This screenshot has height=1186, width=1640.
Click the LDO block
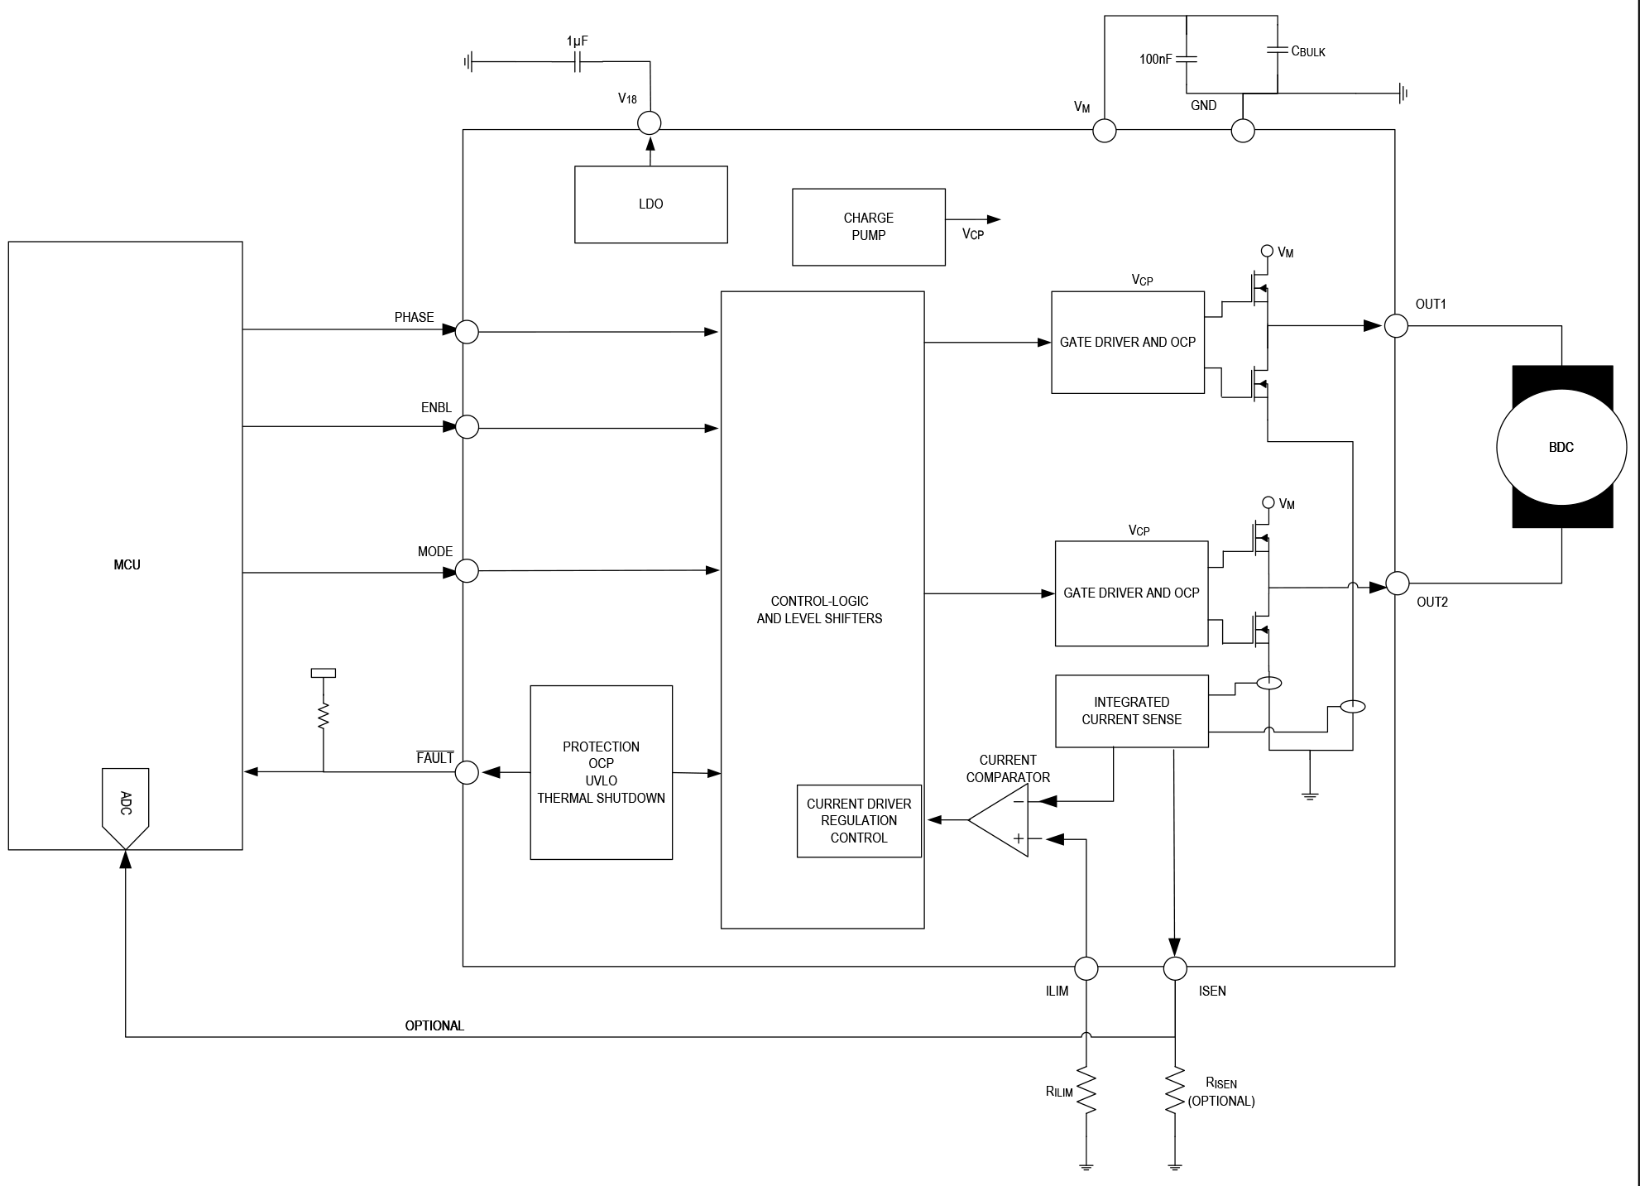[x=651, y=204]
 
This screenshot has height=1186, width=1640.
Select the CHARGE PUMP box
[x=869, y=227]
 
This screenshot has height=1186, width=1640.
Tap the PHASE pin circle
[x=468, y=331]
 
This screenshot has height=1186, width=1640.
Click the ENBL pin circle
[x=468, y=427]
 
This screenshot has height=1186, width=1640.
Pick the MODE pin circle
[x=468, y=570]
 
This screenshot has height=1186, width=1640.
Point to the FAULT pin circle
[x=468, y=772]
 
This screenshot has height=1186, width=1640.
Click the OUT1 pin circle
[x=1396, y=325]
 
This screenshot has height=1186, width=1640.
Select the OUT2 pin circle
[x=1397, y=583]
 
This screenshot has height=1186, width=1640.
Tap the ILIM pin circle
[x=1086, y=968]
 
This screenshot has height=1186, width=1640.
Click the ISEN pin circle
[x=1175, y=968]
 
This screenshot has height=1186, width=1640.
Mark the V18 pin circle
[x=650, y=122]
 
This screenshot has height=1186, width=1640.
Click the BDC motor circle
[x=1561, y=447]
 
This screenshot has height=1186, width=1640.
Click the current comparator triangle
[x=998, y=820]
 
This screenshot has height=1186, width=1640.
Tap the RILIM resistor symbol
[x=1086, y=1092]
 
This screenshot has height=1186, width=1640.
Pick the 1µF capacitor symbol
[x=578, y=61]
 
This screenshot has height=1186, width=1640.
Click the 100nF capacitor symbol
[x=1186, y=60]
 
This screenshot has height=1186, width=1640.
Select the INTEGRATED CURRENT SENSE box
[x=1132, y=711]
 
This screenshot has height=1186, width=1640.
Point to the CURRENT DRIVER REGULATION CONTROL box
[x=859, y=821]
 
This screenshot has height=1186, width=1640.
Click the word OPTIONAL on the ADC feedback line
[x=434, y=1025]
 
